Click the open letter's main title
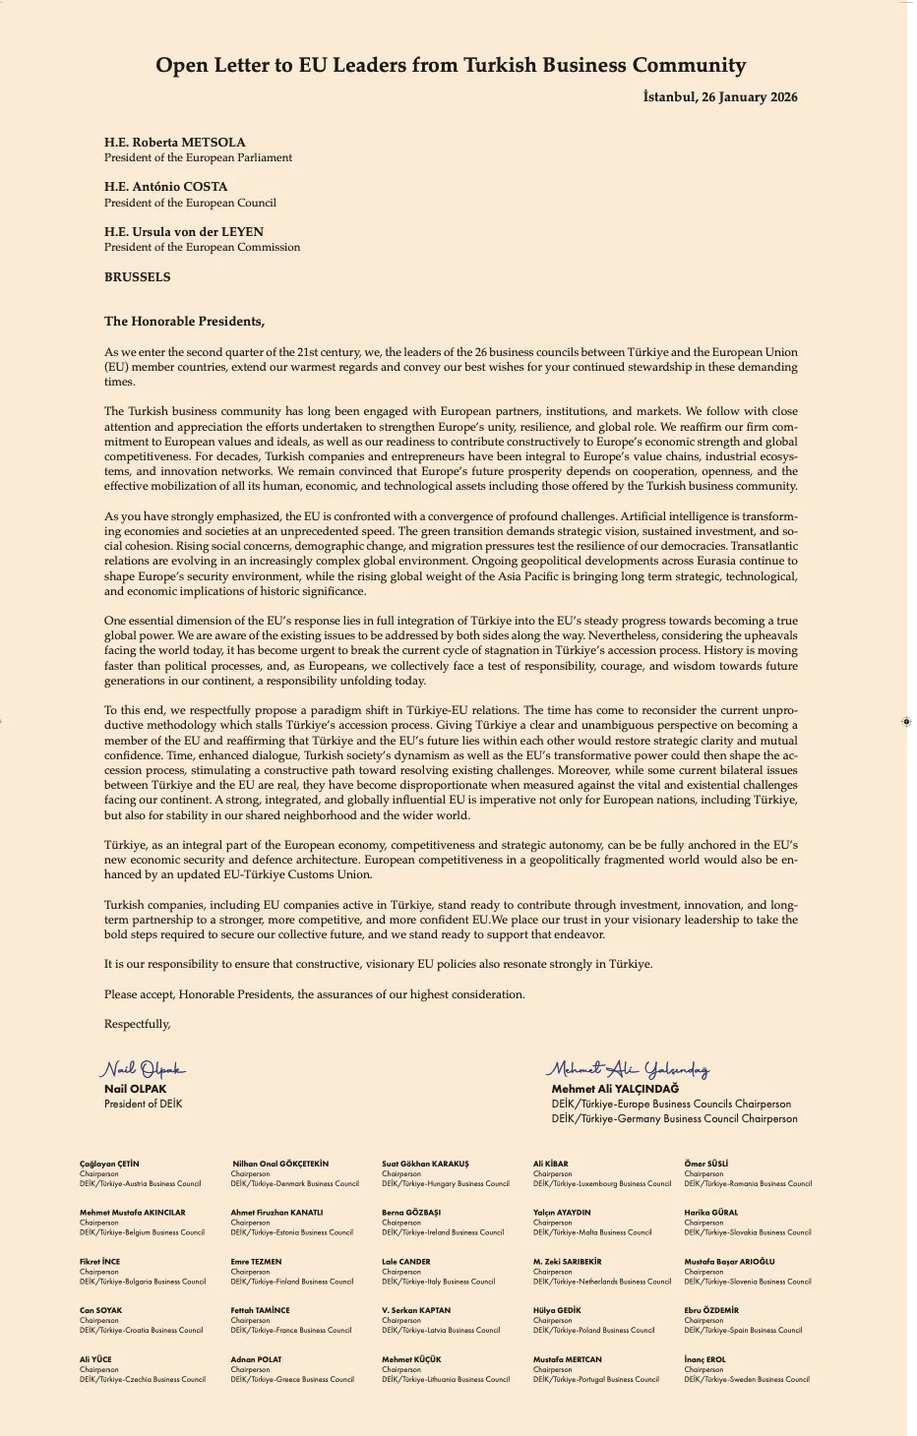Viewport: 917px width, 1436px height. pos(451,66)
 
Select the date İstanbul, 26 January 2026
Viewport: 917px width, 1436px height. pos(719,97)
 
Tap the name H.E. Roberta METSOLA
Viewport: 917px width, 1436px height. pos(175,143)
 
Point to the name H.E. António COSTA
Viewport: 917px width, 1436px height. pos(165,187)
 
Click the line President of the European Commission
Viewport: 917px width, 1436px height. pos(202,247)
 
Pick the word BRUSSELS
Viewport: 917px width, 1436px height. pos(137,277)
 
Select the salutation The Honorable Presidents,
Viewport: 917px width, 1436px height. pos(184,322)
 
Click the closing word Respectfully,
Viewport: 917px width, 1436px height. pos(137,1024)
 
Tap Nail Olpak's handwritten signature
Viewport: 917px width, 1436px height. pos(142,1069)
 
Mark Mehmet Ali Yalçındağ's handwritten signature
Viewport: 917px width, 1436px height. pos(629,1069)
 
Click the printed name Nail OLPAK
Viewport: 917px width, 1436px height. pos(135,1089)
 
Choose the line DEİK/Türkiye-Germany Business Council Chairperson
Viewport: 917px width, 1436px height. pos(674,1118)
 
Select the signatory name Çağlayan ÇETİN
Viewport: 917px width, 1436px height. pos(109,1164)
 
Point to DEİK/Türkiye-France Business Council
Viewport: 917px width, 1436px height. pos(290,1330)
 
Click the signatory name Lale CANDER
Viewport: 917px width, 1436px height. pos(405,1261)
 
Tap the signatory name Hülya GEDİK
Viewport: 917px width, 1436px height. pos(557,1310)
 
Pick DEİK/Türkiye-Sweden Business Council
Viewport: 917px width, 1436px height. pos(747,1379)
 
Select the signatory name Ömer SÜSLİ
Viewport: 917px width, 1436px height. pos(705,1164)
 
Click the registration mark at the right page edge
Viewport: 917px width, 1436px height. pos(906,722)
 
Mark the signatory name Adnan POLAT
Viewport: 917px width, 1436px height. pos(256,1359)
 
